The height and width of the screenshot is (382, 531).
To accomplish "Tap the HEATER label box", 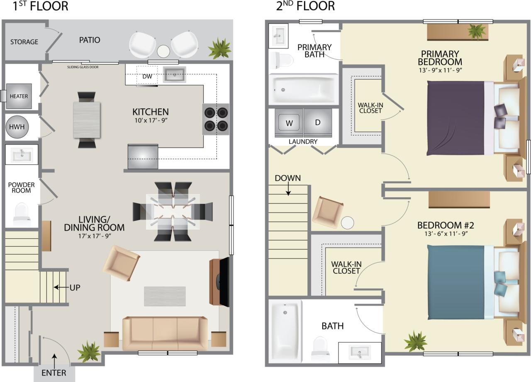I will [x=19, y=96].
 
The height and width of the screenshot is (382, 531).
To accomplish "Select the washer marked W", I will [x=290, y=123].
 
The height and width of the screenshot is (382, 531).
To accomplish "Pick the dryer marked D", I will [x=317, y=123].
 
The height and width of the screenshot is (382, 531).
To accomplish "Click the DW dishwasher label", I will [x=147, y=76].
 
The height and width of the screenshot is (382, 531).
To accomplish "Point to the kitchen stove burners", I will [x=216, y=119].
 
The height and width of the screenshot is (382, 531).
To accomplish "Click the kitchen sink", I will [x=174, y=75].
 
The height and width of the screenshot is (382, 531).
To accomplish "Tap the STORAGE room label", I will [x=24, y=42].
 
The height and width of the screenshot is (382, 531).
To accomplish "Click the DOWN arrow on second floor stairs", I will [x=288, y=190].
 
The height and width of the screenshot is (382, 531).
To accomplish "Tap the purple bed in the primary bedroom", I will [x=456, y=118].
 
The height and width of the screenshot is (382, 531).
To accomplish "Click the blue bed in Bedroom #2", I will [x=456, y=282].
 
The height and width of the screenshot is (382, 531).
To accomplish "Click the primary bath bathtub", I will [x=303, y=89].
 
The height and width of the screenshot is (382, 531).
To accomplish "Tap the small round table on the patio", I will [x=163, y=51].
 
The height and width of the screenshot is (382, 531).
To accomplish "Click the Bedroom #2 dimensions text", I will [x=446, y=235].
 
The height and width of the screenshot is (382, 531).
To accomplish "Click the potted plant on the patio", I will [x=219, y=49].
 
